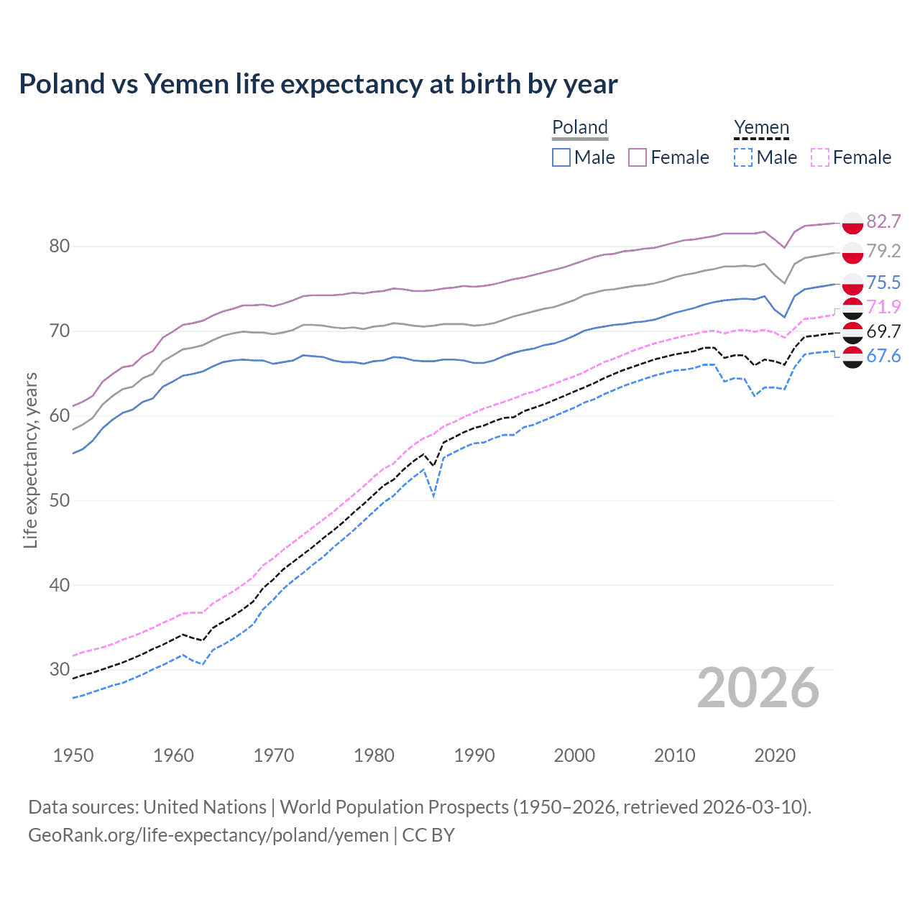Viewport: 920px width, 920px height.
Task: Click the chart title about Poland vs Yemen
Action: point(318,84)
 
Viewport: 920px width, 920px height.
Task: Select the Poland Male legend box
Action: point(561,157)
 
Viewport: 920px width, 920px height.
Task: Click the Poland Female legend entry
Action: point(668,157)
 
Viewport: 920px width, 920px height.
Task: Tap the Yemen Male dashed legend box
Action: point(743,157)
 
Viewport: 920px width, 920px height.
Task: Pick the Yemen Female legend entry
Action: point(851,157)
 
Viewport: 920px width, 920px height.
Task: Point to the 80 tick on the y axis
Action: point(60,246)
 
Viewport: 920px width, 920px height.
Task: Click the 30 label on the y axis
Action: point(60,669)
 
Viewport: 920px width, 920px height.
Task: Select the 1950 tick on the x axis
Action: point(73,755)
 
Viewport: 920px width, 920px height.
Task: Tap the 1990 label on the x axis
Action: point(474,755)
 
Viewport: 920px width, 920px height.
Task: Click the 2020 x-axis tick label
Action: point(775,755)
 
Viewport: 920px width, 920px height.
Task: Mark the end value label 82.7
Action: point(883,221)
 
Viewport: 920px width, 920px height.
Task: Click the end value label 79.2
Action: point(883,251)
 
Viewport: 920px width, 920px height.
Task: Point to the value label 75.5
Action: point(883,282)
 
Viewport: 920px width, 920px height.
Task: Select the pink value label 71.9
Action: point(883,307)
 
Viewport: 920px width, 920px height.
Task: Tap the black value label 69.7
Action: point(883,331)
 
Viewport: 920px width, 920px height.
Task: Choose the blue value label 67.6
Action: point(883,356)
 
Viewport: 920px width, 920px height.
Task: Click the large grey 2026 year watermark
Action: point(758,689)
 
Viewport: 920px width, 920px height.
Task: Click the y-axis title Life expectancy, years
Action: point(30,460)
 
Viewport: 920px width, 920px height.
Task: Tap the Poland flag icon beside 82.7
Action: point(852,223)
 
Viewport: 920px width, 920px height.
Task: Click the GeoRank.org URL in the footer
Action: point(208,835)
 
